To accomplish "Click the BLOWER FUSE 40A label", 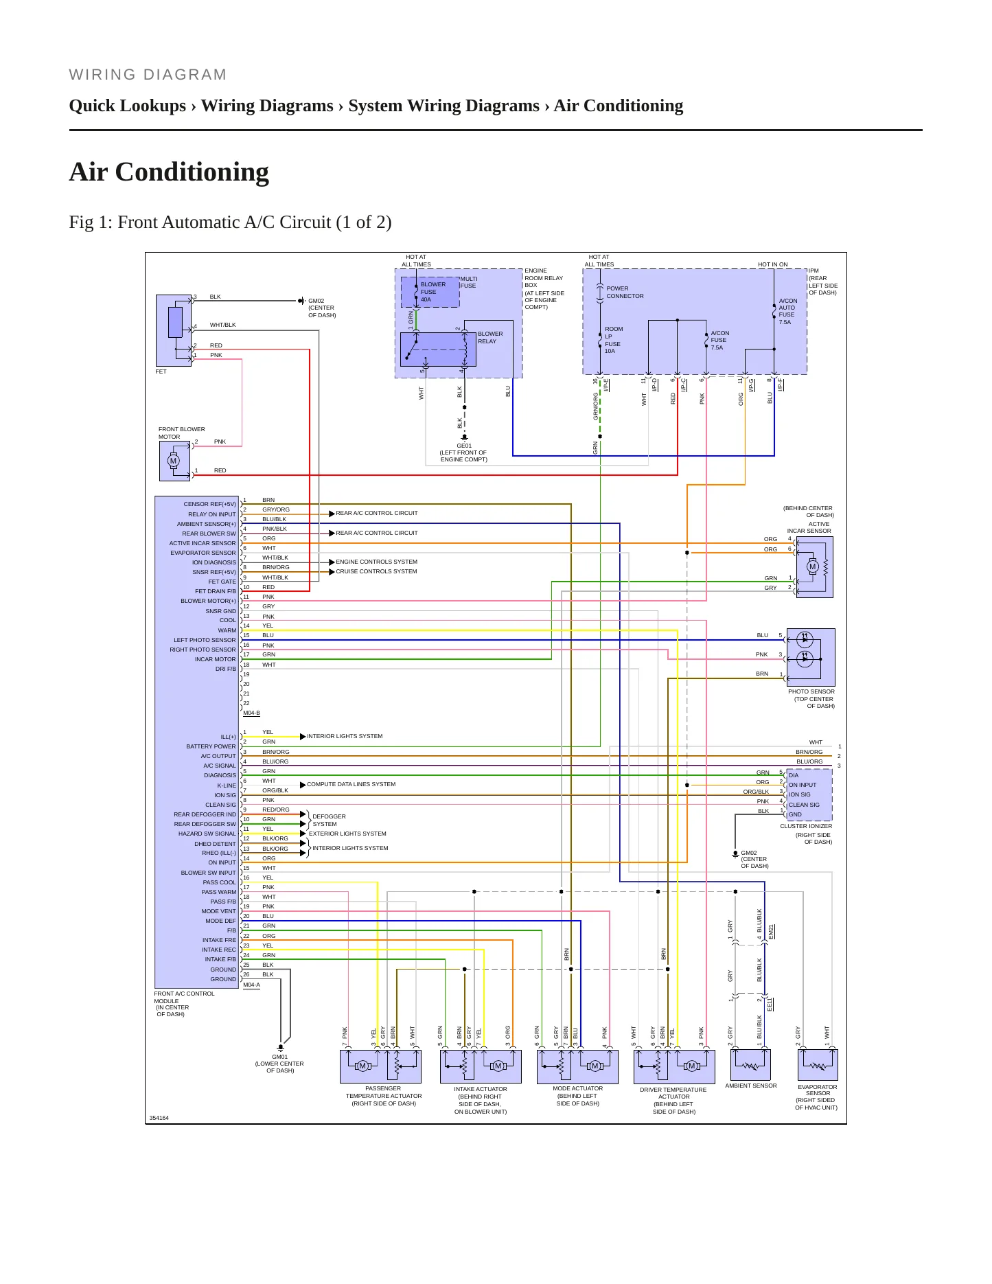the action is [432, 292].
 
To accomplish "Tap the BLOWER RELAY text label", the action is [490, 337].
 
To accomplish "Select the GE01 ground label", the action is [464, 446].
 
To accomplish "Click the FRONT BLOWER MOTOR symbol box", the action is [174, 461].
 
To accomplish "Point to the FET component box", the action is [174, 331].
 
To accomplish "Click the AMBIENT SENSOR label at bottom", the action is [751, 1086].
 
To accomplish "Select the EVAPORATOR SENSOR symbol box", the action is [818, 1065].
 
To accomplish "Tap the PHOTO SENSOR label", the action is [811, 691].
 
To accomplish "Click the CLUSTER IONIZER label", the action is [806, 826].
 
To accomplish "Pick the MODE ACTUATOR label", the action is [578, 1088].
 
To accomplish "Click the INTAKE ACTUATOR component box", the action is [481, 1066].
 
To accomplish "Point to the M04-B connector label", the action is [251, 713].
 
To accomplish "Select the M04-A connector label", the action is [251, 985].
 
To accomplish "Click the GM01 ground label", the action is [279, 1057].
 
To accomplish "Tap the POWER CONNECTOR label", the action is [625, 293].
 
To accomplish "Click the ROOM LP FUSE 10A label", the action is [613, 340].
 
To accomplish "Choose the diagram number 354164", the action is [159, 1118].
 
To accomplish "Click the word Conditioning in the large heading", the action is [192, 172].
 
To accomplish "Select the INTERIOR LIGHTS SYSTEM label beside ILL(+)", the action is [345, 736].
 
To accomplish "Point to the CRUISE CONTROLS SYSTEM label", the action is [376, 571].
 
